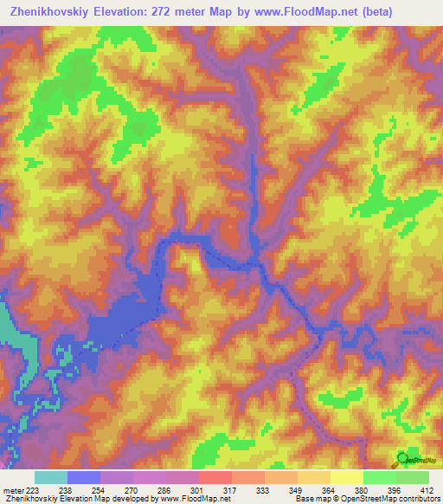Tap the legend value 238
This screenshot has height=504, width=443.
(65, 489)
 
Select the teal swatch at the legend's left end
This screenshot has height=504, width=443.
(50, 477)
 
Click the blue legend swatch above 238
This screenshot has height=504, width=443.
(83, 477)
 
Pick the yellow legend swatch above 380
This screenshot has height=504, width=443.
(346, 477)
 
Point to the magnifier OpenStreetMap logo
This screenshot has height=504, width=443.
(403, 458)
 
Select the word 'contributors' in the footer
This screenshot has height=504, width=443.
(418, 500)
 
